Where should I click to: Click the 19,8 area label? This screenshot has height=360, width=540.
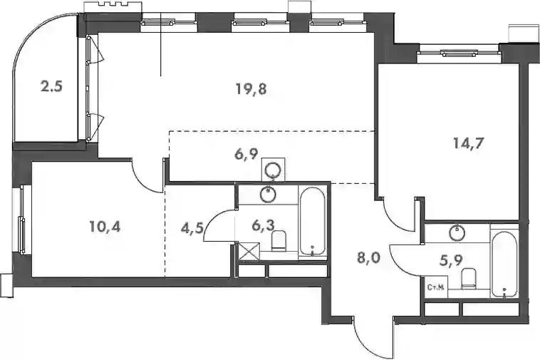click(x=251, y=89)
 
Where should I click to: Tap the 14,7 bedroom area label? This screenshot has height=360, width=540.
click(x=468, y=143)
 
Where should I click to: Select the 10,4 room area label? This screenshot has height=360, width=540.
click(x=105, y=227)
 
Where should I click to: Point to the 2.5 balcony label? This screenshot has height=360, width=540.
click(x=51, y=86)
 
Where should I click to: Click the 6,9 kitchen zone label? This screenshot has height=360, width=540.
click(x=246, y=154)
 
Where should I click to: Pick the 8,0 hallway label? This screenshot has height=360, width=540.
click(x=368, y=257)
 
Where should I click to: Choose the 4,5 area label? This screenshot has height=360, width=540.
click(x=192, y=227)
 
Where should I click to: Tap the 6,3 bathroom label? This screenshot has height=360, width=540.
click(x=263, y=226)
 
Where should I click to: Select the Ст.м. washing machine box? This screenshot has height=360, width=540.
click(x=436, y=287)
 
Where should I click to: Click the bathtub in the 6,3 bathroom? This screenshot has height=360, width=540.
click(x=312, y=222)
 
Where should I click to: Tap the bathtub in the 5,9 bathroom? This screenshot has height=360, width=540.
click(x=504, y=264)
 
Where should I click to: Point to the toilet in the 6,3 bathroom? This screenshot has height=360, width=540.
click(x=279, y=240)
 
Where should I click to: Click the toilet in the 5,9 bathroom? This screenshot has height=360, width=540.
click(x=468, y=278)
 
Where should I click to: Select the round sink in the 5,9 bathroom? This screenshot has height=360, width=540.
click(x=457, y=232)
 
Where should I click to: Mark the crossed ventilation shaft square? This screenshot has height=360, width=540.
click(x=249, y=251)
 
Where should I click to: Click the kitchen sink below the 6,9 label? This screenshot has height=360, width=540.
click(x=274, y=169)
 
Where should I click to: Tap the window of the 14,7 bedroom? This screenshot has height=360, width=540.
click(x=459, y=53)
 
